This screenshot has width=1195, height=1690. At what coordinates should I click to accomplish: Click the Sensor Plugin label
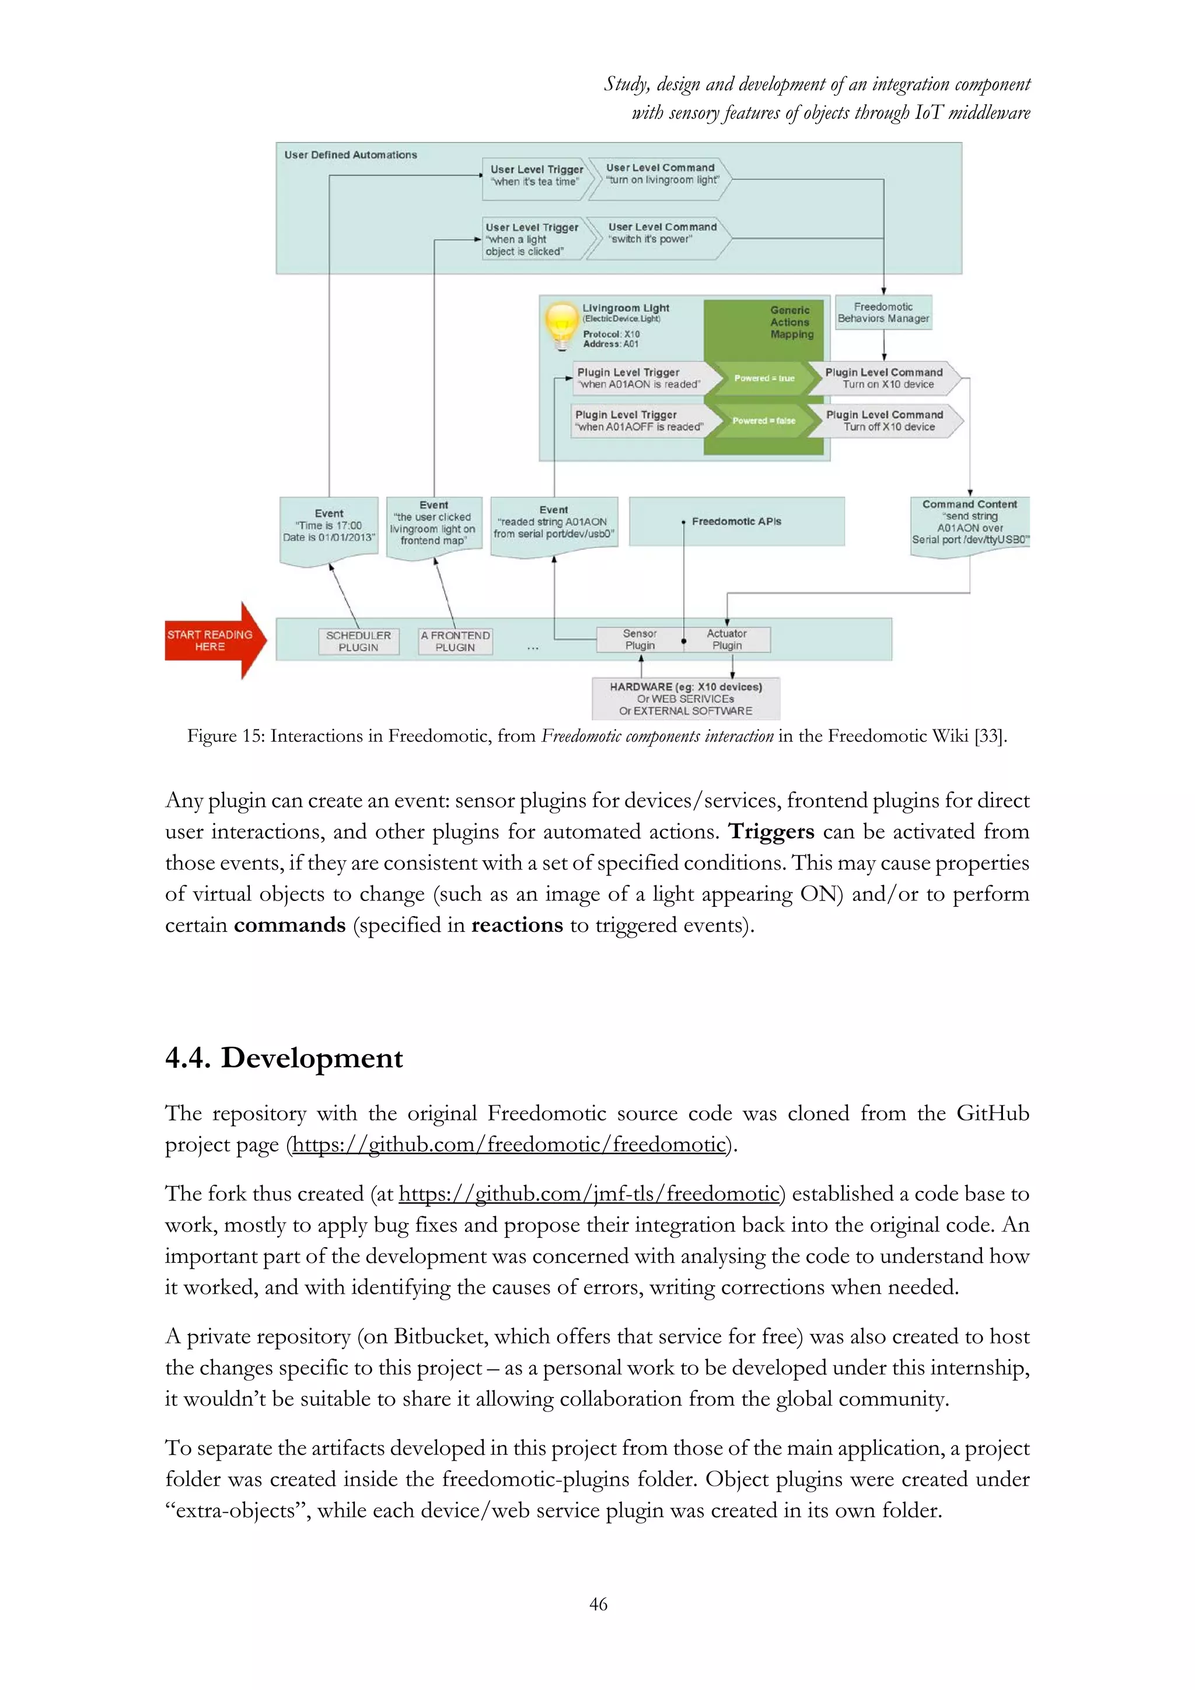pyautogui.click(x=640, y=639)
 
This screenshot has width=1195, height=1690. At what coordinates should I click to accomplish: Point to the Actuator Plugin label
pyautogui.click(x=726, y=639)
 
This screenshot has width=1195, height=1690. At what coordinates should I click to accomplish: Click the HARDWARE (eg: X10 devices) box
pyautogui.click(x=686, y=699)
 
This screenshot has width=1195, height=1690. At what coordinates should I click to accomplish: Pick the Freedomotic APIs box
pyautogui.click(x=736, y=521)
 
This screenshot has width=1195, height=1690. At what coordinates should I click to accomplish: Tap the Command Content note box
pyautogui.click(x=969, y=523)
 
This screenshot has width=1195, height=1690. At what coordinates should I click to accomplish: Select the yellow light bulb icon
pyautogui.click(x=561, y=324)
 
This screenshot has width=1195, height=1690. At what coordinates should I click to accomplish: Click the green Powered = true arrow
pyautogui.click(x=764, y=378)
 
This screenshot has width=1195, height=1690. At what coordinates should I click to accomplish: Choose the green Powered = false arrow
pyautogui.click(x=763, y=421)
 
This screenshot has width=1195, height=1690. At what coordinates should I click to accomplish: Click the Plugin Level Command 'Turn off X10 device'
pyautogui.click(x=885, y=421)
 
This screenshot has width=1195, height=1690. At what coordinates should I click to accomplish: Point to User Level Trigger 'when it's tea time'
pyautogui.click(x=536, y=176)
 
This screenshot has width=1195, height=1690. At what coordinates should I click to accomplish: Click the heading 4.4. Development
pyautogui.click(x=284, y=1059)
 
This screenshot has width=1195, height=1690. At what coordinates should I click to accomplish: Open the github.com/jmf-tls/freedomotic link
pyautogui.click(x=589, y=1194)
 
